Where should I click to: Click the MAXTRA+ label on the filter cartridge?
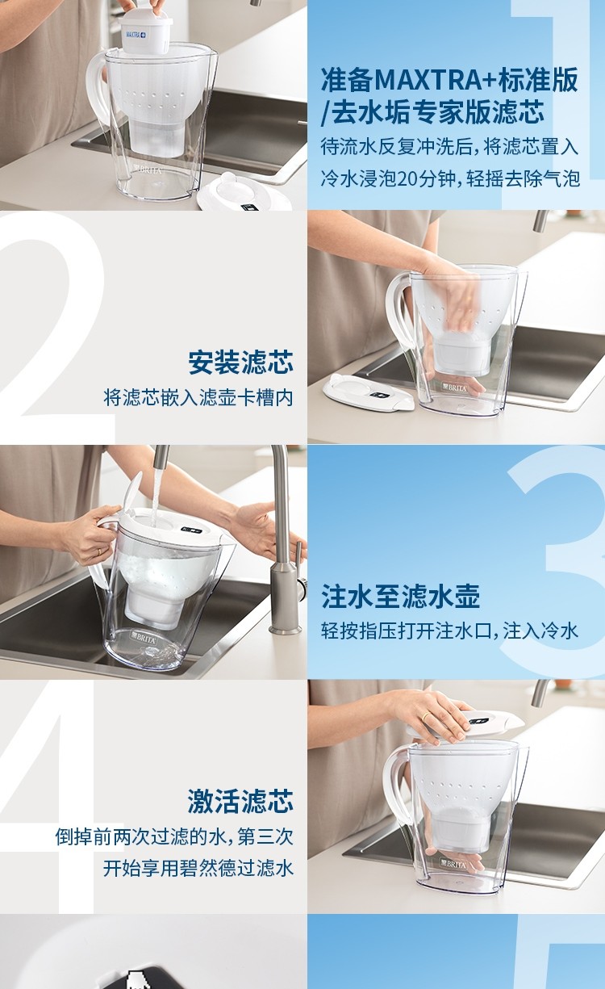[136, 35]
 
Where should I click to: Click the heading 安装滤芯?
[241, 362]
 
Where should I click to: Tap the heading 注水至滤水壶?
[400, 597]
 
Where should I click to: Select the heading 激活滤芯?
[241, 802]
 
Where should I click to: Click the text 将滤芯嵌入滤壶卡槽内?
[198, 397]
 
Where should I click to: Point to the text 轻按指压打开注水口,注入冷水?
[449, 631]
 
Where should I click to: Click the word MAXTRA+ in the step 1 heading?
[436, 80]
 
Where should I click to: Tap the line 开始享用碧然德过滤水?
[198, 868]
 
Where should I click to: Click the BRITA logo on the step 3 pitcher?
[144, 636]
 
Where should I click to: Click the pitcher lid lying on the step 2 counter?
[369, 392]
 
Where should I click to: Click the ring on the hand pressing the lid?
[424, 717]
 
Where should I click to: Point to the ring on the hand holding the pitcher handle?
[99, 552]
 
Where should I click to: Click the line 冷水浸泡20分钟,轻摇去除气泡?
[450, 178]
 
